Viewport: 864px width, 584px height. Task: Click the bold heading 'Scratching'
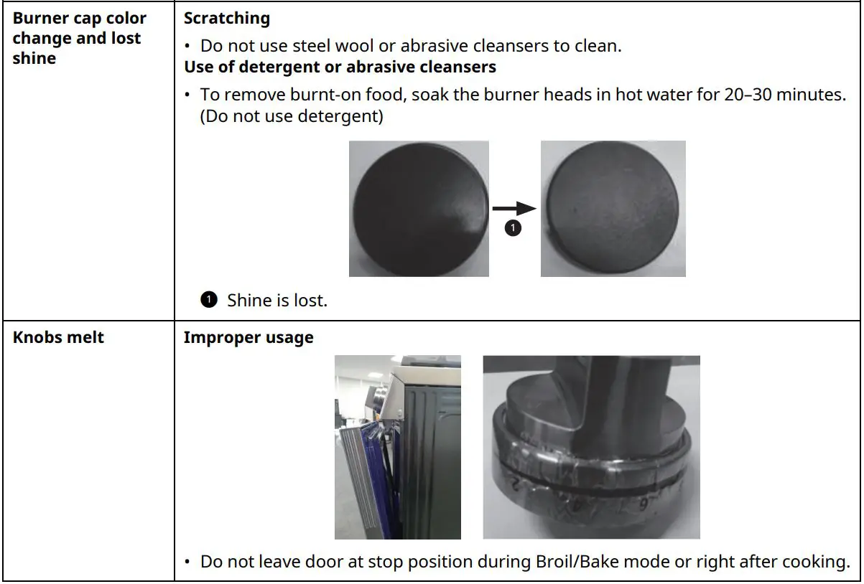[x=227, y=18]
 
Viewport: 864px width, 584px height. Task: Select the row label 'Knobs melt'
[x=57, y=337]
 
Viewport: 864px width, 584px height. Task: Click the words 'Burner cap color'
[x=79, y=19]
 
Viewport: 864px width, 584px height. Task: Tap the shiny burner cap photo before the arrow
[x=418, y=209]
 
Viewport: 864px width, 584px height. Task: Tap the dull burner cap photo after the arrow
[x=612, y=209]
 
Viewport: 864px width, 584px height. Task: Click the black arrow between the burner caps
[x=514, y=209]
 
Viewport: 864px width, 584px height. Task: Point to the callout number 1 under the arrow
[x=512, y=228]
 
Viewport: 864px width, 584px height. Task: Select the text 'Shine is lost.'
[x=277, y=300]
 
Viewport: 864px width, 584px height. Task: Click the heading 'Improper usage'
[x=248, y=337]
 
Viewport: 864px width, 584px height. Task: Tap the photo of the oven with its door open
[x=397, y=447]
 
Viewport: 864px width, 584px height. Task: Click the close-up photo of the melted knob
[x=590, y=447]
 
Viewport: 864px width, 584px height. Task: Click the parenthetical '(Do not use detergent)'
[x=291, y=116]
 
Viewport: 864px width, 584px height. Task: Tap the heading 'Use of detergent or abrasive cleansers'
[x=340, y=67]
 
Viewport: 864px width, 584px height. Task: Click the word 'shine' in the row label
[x=34, y=59]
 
